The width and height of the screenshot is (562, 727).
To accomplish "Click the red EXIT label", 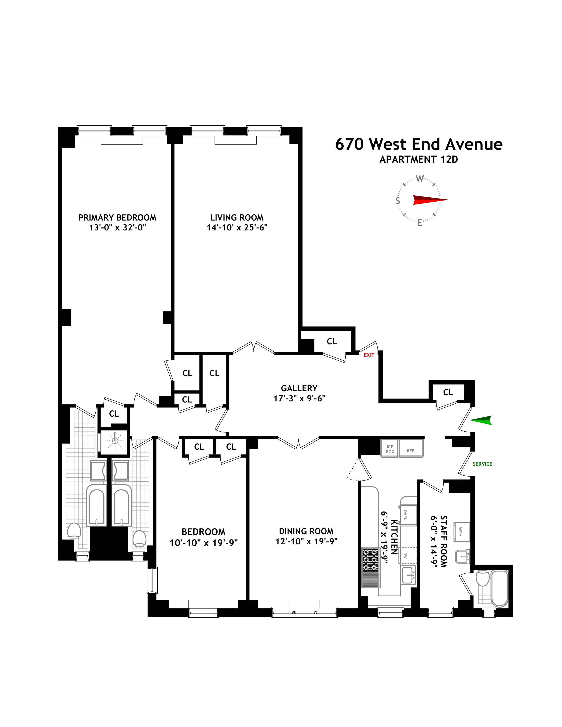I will click(x=369, y=355).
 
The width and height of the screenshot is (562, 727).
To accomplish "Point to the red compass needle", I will click(x=430, y=200).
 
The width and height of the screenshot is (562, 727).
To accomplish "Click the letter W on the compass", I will click(x=420, y=179).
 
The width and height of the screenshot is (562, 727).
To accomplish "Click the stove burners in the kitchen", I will click(x=370, y=560).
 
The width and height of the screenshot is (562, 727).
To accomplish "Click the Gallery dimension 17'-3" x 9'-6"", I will click(x=299, y=399).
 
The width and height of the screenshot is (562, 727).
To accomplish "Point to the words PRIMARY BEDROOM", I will click(x=117, y=218).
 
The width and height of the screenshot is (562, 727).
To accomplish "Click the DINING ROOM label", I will click(x=306, y=531).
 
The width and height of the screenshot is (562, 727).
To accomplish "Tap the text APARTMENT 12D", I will click(x=419, y=159).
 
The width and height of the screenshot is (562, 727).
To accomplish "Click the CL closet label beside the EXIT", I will click(x=332, y=341).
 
